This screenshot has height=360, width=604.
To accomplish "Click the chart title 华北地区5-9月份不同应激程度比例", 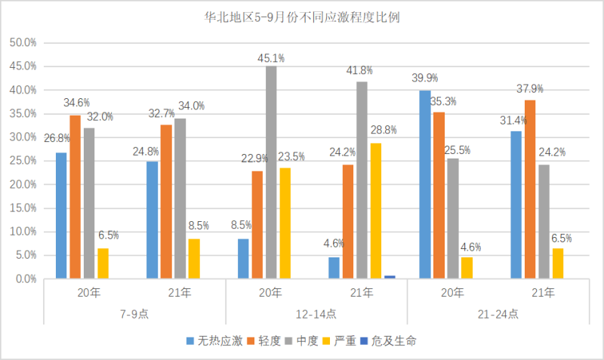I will (x=302, y=17).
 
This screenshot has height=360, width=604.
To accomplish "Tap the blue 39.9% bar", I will (x=425, y=185).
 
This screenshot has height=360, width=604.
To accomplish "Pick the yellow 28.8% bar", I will (x=376, y=211).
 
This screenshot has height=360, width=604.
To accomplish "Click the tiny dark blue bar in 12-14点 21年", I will (x=390, y=277).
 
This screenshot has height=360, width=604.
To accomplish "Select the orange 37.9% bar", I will (x=531, y=189).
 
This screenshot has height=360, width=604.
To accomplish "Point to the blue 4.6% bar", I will (x=334, y=268).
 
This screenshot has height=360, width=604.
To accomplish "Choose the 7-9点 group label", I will (x=134, y=314).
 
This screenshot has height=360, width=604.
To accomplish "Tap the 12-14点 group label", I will (x=316, y=314).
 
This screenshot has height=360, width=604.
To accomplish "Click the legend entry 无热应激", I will (x=213, y=341).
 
